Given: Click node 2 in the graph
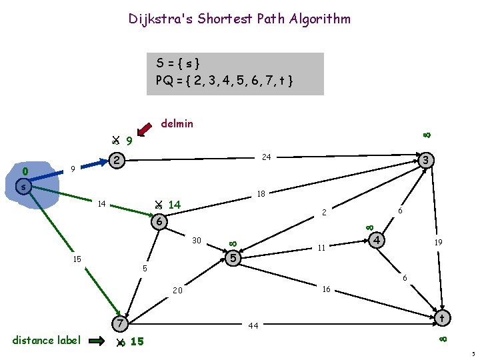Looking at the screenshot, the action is [117, 161].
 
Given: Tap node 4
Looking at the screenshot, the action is [377, 239].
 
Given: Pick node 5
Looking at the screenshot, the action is [232, 257].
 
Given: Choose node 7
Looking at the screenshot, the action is [119, 324].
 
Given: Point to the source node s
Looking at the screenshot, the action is [23, 187].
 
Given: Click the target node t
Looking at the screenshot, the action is [441, 319].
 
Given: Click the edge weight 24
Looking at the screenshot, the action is [266, 157].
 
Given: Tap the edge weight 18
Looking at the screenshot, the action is [260, 195].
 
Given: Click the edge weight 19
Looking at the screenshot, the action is [439, 243].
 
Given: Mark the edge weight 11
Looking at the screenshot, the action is [321, 248].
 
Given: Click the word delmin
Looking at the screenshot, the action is [177, 123].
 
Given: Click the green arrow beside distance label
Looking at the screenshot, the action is [97, 341].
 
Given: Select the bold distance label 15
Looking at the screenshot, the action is [137, 342].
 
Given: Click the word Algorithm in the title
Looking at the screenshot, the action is [320, 19].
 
